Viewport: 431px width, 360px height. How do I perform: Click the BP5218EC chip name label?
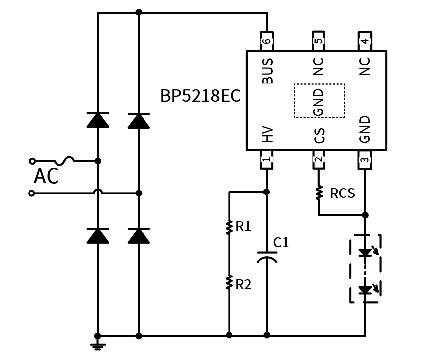coord(201,96)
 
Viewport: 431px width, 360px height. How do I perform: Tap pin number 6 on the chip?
coord(267,41)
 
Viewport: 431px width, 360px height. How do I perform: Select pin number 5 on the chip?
coord(318,41)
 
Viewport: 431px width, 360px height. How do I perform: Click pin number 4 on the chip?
coord(365,41)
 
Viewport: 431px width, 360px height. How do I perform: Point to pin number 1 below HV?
coord(267,160)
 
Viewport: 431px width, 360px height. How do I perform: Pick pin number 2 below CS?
coord(318,160)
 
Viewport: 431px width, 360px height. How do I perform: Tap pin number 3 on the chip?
coord(365,160)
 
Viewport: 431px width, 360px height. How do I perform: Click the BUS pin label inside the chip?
coord(268,71)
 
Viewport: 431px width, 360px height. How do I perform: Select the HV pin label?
coord(268,134)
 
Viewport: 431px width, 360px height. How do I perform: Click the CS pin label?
coord(319,136)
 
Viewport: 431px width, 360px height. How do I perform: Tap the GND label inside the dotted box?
coord(319,102)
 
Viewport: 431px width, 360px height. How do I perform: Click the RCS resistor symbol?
coord(319,193)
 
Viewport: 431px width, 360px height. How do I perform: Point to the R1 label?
coord(243,226)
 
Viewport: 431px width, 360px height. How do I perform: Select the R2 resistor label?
coord(243,285)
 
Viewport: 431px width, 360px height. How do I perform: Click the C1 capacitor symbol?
coord(267,257)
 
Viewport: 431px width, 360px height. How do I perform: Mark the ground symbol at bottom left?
coord(98,346)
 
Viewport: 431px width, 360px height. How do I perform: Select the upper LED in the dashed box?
coord(365,252)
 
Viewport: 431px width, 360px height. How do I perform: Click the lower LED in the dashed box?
coord(365,290)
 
